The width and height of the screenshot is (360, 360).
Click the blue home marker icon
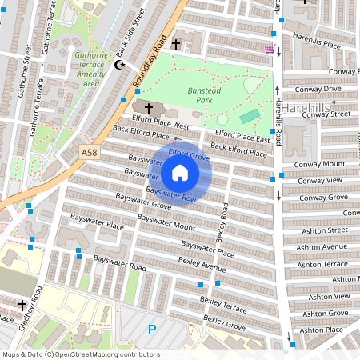pyautogui.click(x=180, y=173)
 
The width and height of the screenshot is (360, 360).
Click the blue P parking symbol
pyautogui.click(x=152, y=329)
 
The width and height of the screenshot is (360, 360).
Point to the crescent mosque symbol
pyautogui.click(x=122, y=65)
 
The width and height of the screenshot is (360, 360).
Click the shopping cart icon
pyautogui.click(x=270, y=49)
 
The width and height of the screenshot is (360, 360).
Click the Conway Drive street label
pyautogui.click(x=318, y=89)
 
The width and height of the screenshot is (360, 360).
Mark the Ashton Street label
pyautogui.click(x=322, y=230)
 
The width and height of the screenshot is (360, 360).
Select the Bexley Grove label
pyautogui.click(x=224, y=322)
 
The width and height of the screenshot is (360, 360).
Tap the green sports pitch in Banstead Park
pyautogui.click(x=250, y=118)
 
